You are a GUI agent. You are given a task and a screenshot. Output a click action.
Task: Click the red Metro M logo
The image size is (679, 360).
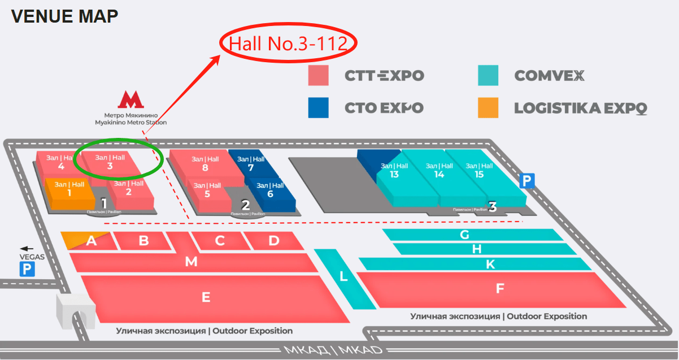point(130,100)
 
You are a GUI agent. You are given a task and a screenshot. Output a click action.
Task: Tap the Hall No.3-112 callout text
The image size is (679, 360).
point(287,44)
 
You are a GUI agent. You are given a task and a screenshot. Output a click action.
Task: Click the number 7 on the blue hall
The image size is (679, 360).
point(251,167)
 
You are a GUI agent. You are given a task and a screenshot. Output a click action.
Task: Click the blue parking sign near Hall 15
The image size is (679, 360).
point(526,181)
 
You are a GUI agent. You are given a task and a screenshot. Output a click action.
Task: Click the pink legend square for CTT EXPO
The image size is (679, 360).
point(319,75)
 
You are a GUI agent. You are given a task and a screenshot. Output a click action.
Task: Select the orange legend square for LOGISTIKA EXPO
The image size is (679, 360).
point(488,107)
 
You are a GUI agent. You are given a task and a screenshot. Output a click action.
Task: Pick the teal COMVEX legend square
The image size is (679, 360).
point(488,75)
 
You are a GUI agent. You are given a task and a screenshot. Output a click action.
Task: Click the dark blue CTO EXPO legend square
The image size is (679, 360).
point(319,107)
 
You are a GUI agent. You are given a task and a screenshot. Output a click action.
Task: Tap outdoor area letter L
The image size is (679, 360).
point(343,277)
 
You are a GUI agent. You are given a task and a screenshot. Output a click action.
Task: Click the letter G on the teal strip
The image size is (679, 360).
point(464,235)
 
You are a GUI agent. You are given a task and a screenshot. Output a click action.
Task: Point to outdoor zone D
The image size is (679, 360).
point(274,241)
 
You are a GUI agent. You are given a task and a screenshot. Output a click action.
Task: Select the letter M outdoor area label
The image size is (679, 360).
point(191,262)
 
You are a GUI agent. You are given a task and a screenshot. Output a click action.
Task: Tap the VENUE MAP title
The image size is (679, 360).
point(64,16)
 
